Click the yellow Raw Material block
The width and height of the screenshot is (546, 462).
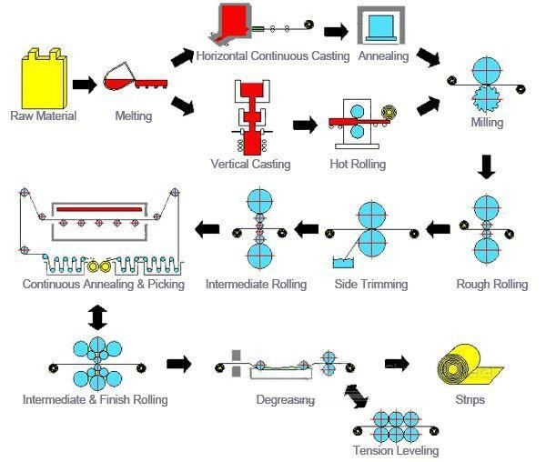coord(43,78)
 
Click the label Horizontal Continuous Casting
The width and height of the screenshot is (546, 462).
coord(273,56)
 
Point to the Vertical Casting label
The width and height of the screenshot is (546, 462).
coord(250,165)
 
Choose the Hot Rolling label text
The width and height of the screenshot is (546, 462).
coord(358,165)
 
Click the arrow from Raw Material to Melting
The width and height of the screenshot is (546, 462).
coord(84,85)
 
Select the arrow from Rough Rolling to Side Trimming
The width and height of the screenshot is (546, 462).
coord(439,230)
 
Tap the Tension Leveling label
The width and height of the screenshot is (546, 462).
coord(396,451)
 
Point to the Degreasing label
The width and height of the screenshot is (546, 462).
coord(286,400)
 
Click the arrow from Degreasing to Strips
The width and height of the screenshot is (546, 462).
coord(396,364)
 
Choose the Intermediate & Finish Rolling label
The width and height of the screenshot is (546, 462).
coord(96,400)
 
